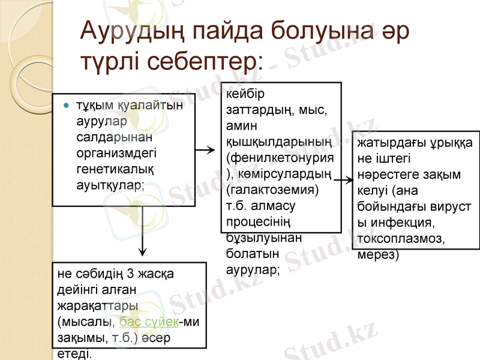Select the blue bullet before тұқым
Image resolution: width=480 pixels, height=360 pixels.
coord(67,106)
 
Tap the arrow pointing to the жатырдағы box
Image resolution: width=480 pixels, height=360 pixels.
coord(344,179)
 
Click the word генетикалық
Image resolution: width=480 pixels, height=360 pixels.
coord(110,169)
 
